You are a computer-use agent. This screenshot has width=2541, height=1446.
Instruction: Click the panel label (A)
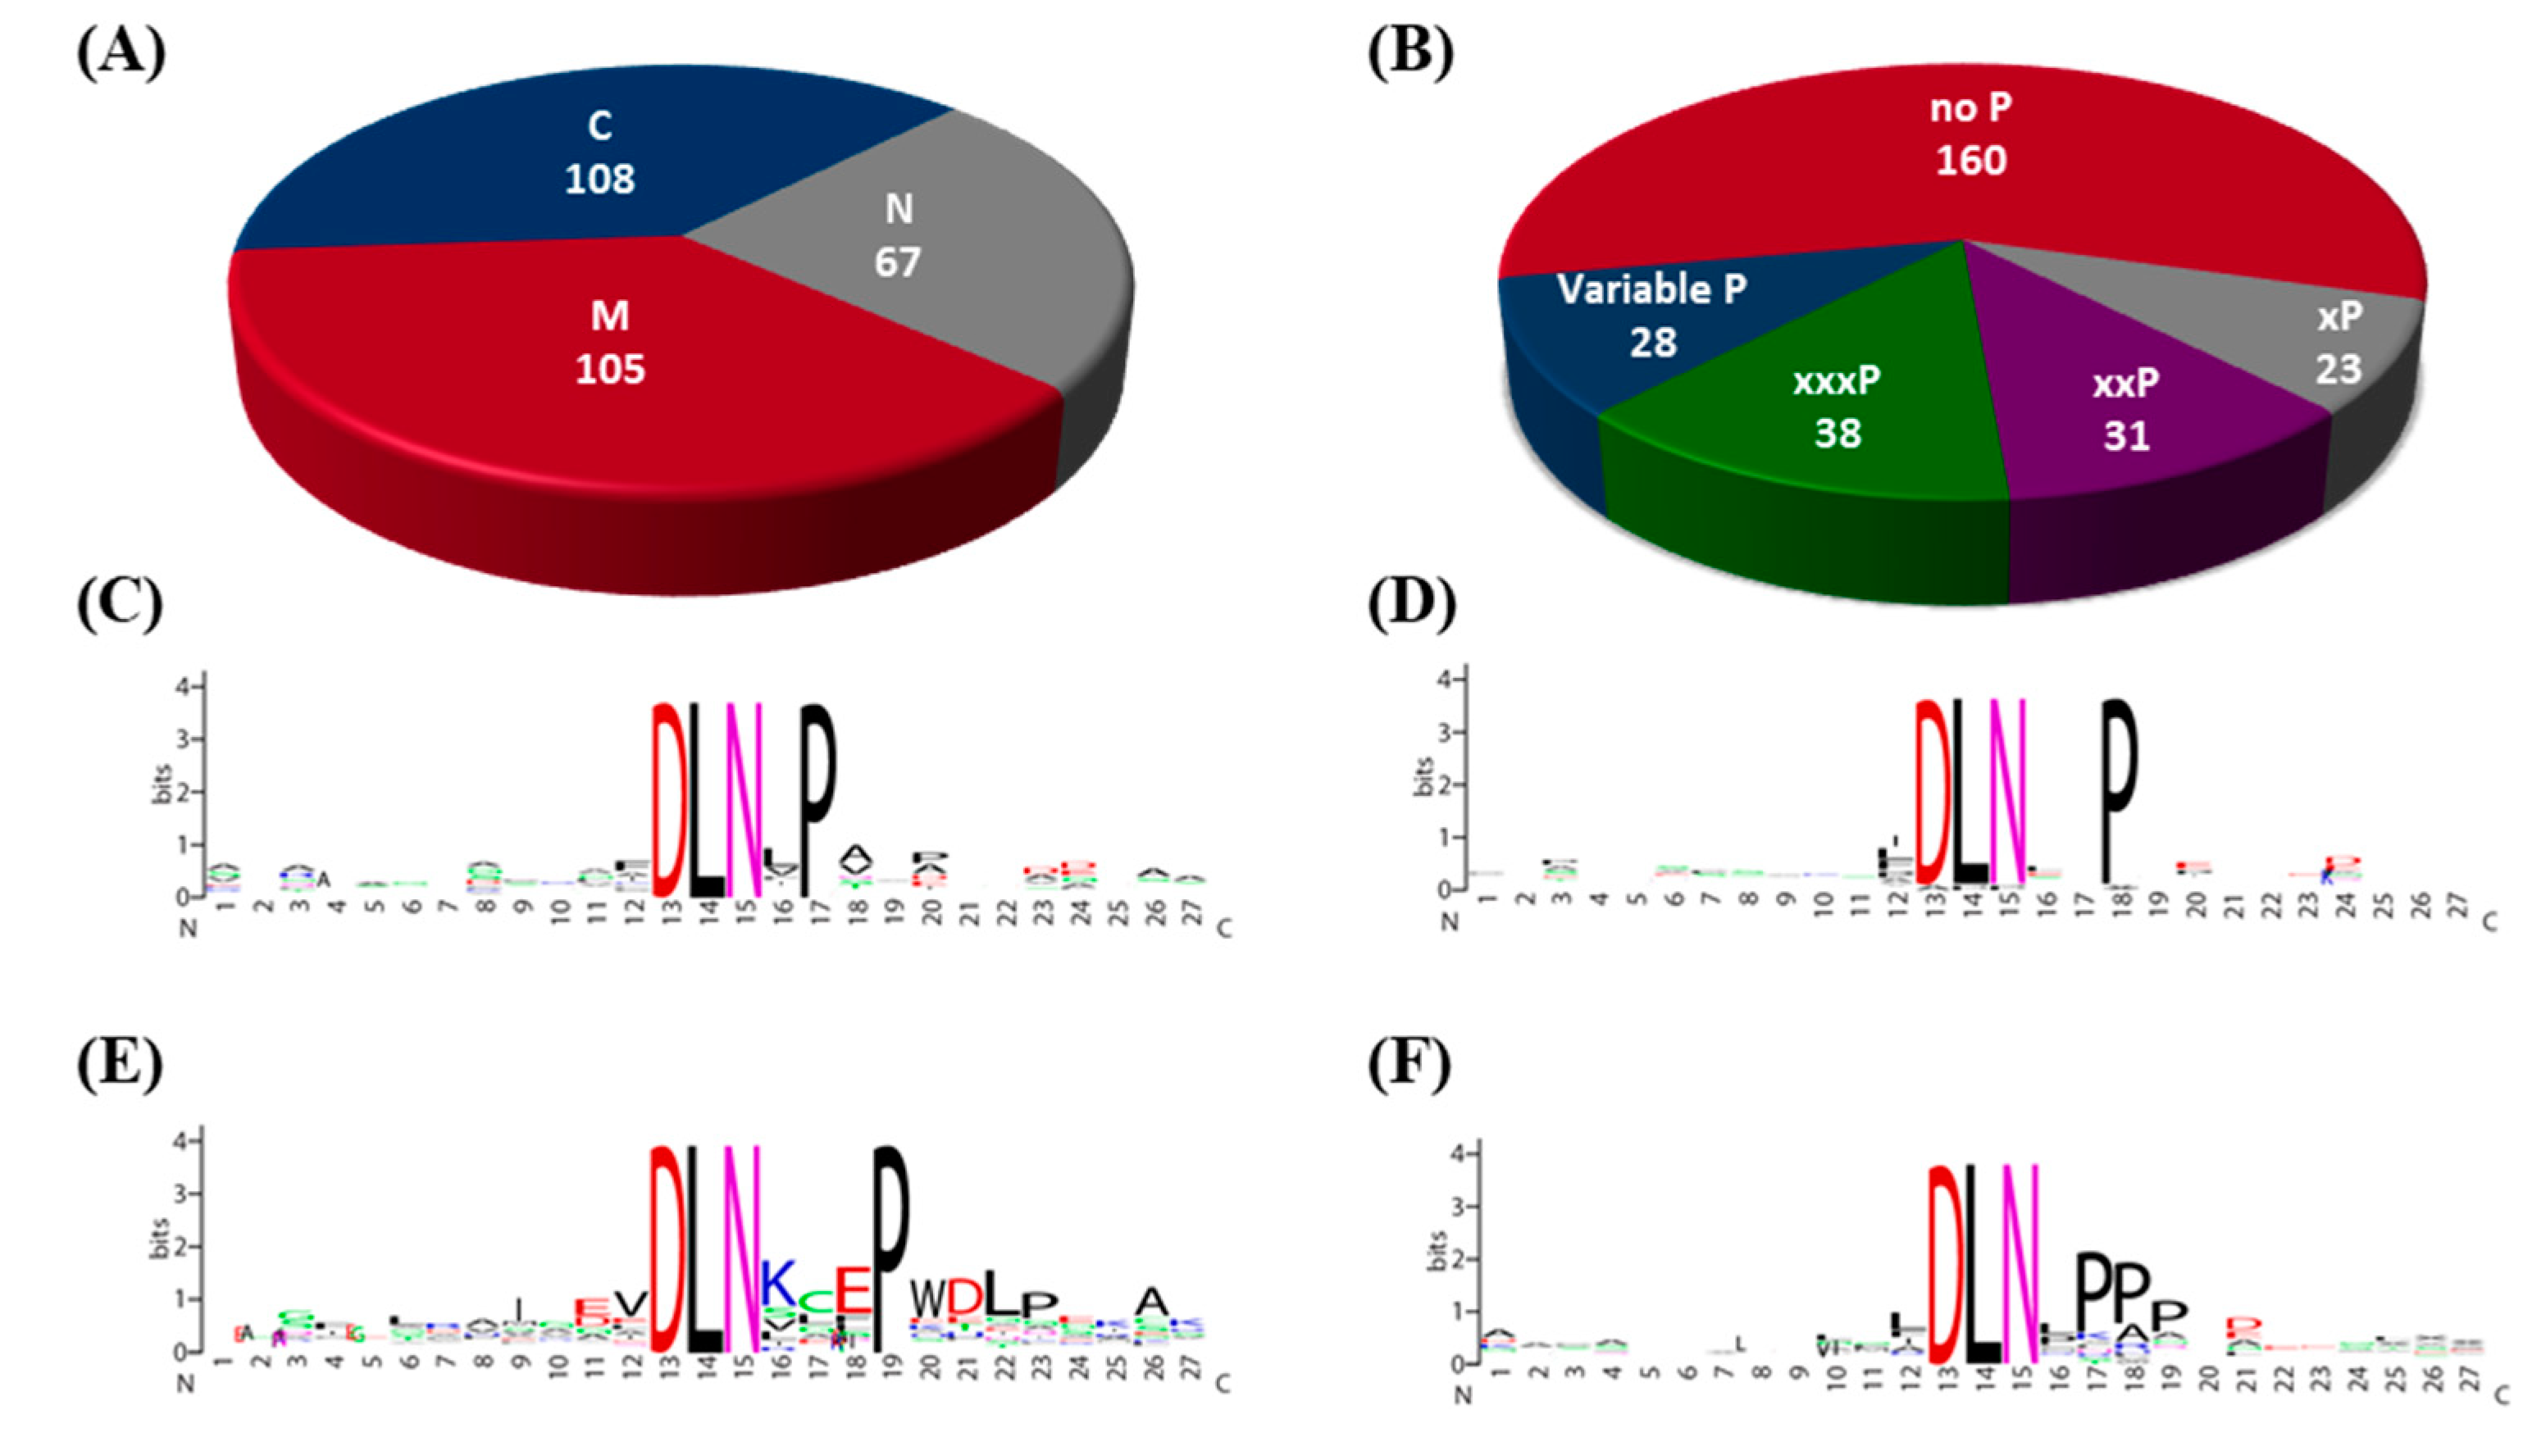[121, 51]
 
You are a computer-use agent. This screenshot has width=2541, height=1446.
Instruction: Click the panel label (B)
[1410, 51]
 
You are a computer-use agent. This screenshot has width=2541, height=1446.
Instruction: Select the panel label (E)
[121, 1064]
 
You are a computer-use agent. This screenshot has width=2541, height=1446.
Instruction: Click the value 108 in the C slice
[600, 179]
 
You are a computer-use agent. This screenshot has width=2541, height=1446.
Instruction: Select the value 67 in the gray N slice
[897, 262]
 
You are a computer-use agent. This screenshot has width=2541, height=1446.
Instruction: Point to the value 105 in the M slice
[610, 370]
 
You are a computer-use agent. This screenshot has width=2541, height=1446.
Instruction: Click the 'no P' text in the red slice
[1971, 108]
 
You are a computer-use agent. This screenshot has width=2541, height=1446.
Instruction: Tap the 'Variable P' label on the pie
[1652, 290]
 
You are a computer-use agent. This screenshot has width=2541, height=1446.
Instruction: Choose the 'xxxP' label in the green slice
[1837, 382]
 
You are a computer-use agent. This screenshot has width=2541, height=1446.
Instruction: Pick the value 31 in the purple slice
[2127, 436]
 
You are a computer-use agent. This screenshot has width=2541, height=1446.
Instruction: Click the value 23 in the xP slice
[2338, 370]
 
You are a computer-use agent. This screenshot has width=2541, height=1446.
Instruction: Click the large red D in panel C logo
[667, 799]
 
